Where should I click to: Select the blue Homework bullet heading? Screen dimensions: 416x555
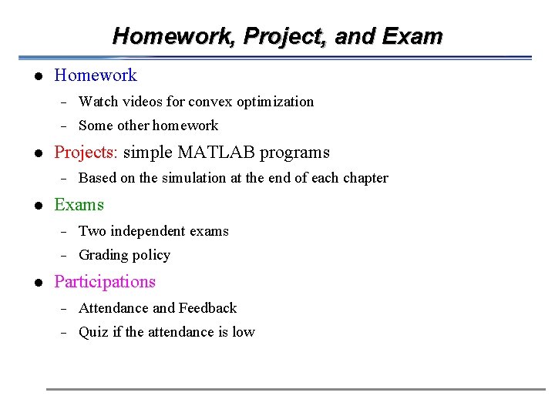(96, 75)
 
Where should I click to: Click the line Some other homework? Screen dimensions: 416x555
(148, 126)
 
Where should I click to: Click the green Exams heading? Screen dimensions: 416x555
(79, 205)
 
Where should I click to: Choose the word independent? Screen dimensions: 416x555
(147, 231)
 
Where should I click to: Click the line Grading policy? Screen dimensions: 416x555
(124, 255)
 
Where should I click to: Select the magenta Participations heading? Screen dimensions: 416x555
(105, 282)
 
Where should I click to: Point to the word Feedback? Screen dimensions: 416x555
(207, 308)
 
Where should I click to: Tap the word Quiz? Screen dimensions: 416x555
(93, 332)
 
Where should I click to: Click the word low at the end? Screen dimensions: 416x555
(244, 332)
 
